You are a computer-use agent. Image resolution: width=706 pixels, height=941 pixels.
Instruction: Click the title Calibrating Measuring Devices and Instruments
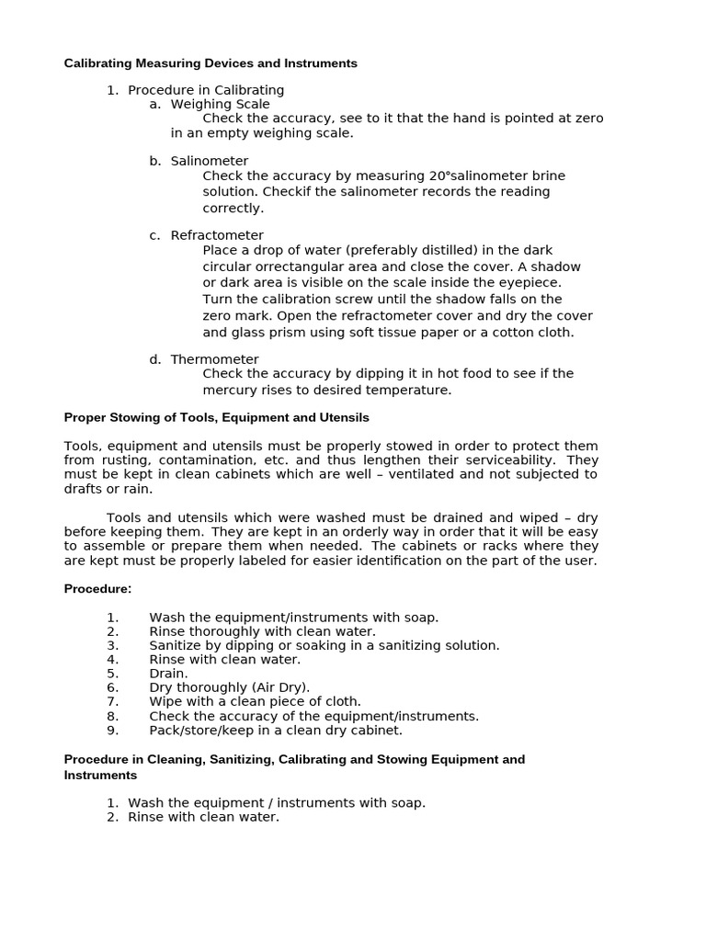tap(211, 63)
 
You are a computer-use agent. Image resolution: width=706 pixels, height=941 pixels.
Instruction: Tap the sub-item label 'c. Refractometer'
tap(207, 235)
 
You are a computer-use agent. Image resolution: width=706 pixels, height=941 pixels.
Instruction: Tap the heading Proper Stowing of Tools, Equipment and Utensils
tap(216, 417)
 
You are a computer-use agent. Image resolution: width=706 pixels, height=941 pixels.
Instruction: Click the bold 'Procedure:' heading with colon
tap(97, 588)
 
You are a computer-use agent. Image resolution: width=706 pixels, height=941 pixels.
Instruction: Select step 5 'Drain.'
tap(168, 674)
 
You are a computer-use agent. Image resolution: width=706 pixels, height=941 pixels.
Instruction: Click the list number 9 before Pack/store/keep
tap(112, 731)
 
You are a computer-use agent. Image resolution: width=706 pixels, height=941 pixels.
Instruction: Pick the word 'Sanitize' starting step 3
tap(176, 645)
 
